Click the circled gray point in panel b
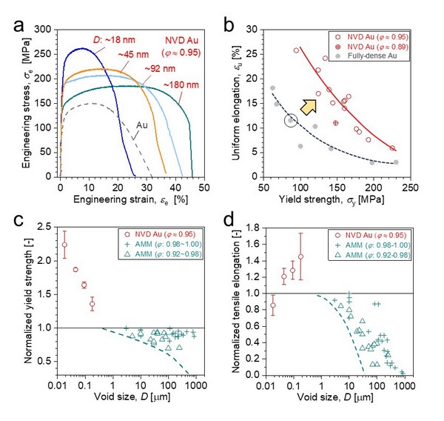point(292,120)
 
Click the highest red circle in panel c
point(64,245)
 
